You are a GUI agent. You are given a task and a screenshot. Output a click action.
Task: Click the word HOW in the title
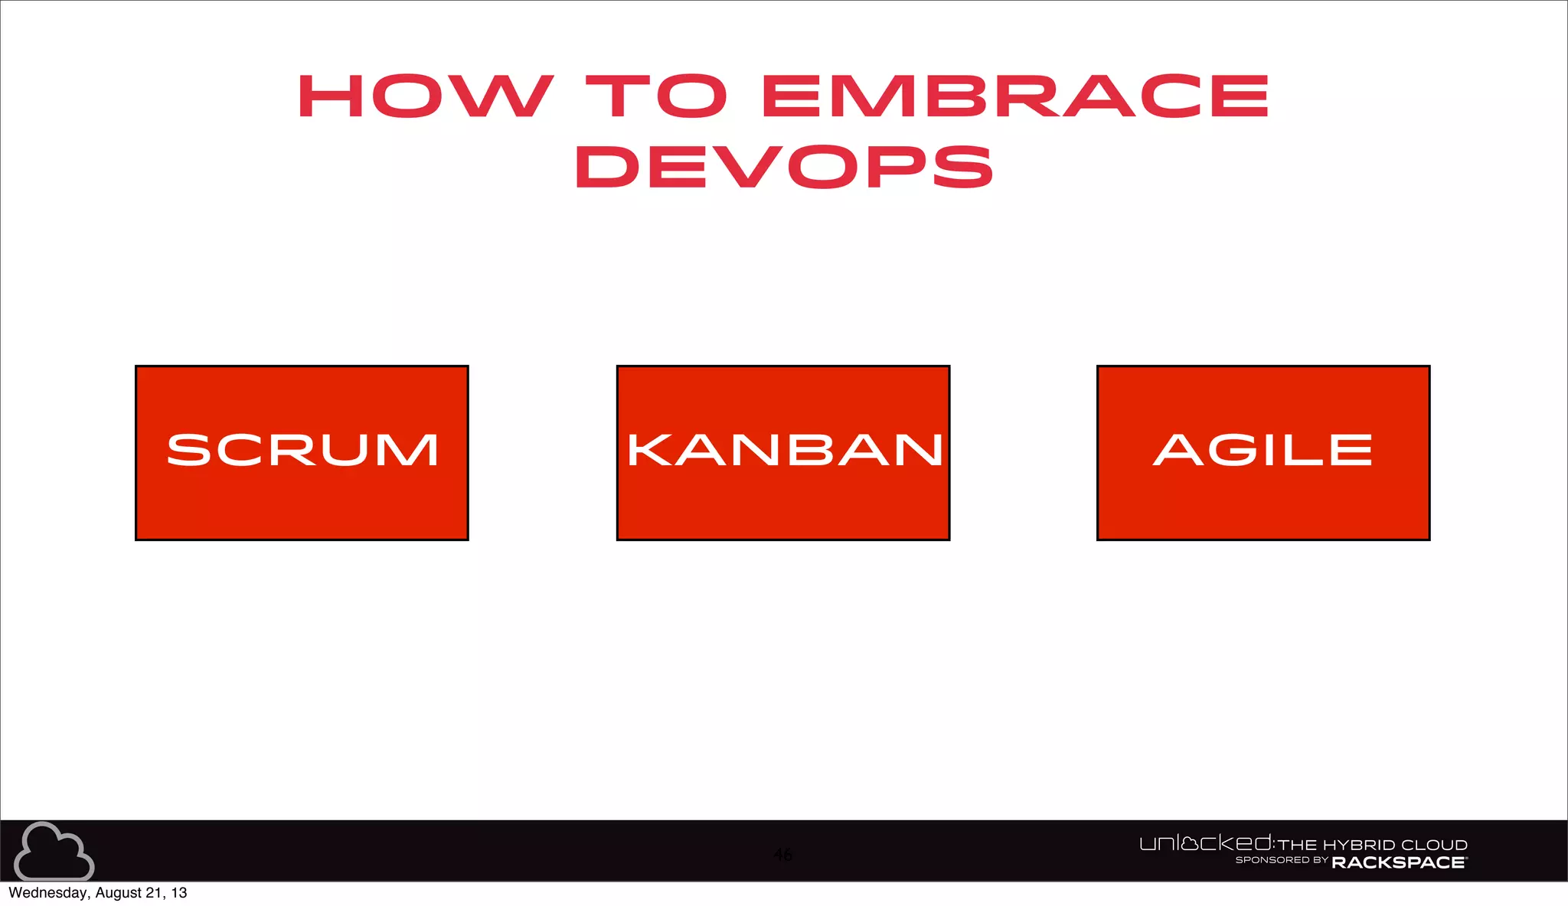tap(425, 96)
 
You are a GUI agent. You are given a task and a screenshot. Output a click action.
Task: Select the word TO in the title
tap(657, 96)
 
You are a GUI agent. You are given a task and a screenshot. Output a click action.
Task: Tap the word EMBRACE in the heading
tap(1015, 96)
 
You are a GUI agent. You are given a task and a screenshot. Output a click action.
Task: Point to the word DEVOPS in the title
tap(784, 167)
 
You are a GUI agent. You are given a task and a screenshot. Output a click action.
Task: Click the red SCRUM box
tap(302, 453)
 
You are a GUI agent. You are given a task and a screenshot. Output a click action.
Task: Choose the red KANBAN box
tap(782, 453)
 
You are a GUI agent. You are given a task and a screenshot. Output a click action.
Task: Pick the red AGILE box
tap(1263, 453)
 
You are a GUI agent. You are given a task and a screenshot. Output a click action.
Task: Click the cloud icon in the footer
tap(54, 852)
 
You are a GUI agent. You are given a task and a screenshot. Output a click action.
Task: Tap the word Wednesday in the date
tap(48, 893)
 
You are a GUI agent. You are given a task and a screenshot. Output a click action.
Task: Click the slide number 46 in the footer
tap(782, 855)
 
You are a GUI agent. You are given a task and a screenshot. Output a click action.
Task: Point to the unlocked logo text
tap(1205, 843)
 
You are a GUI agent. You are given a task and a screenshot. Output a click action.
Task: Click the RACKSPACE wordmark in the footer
tap(1399, 862)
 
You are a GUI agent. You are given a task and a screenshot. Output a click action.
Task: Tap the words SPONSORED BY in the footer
tap(1281, 860)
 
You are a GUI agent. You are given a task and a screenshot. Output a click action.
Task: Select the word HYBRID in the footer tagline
tap(1358, 846)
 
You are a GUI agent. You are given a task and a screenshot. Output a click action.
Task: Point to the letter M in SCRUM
tap(413, 450)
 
